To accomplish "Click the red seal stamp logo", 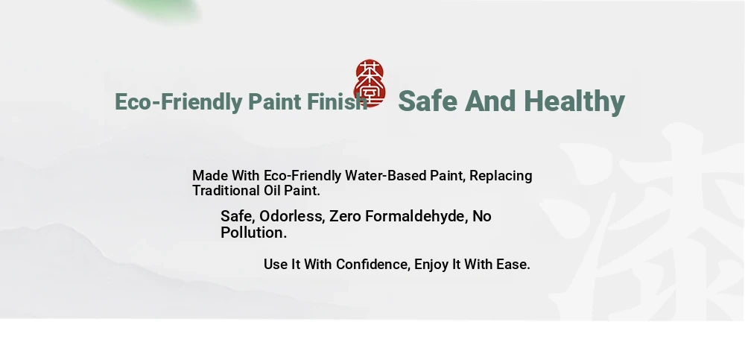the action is (x=370, y=83).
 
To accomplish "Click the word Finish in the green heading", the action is (x=337, y=102).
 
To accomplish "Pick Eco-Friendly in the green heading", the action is (x=178, y=102).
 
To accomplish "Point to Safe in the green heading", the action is (x=428, y=101).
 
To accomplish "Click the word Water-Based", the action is (x=385, y=175).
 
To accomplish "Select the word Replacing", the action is (x=501, y=176).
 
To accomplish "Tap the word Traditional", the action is (x=226, y=191).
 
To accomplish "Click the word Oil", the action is (x=272, y=191).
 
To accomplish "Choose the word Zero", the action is (x=346, y=216).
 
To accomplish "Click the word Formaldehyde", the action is (x=416, y=216).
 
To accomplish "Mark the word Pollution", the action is (x=254, y=233).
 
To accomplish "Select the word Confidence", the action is (x=373, y=265).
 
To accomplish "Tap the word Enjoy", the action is (x=431, y=265).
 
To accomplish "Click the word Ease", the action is (x=513, y=265).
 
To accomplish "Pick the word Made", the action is (x=209, y=175).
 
